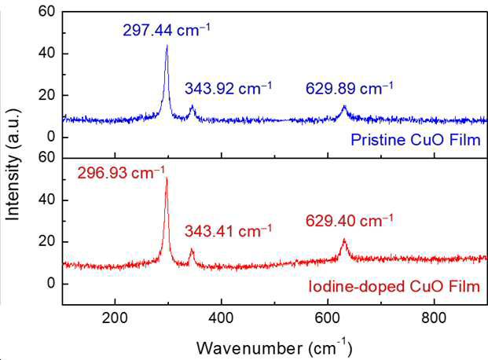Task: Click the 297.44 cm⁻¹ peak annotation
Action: (x=166, y=31)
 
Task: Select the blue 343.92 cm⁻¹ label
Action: (x=228, y=89)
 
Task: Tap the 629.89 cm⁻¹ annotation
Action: (x=349, y=89)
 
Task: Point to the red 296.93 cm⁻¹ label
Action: (x=121, y=173)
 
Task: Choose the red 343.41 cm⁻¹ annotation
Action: (x=228, y=231)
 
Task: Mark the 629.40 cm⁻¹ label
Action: (x=349, y=221)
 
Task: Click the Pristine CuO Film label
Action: (x=416, y=140)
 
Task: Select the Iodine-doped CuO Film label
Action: (x=394, y=286)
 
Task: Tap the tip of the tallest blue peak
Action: (x=167, y=45)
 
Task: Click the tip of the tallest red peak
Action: (x=167, y=178)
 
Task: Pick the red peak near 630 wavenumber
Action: (x=344, y=239)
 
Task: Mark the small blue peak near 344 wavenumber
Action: (x=192, y=105)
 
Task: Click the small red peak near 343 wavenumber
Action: (x=192, y=248)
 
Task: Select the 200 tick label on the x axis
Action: (x=115, y=318)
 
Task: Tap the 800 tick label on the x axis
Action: (x=434, y=318)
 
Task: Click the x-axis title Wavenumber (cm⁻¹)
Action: (x=274, y=347)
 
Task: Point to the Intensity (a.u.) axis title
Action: (x=13, y=164)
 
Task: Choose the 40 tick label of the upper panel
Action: (x=46, y=53)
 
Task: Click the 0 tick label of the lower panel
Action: (x=51, y=284)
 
